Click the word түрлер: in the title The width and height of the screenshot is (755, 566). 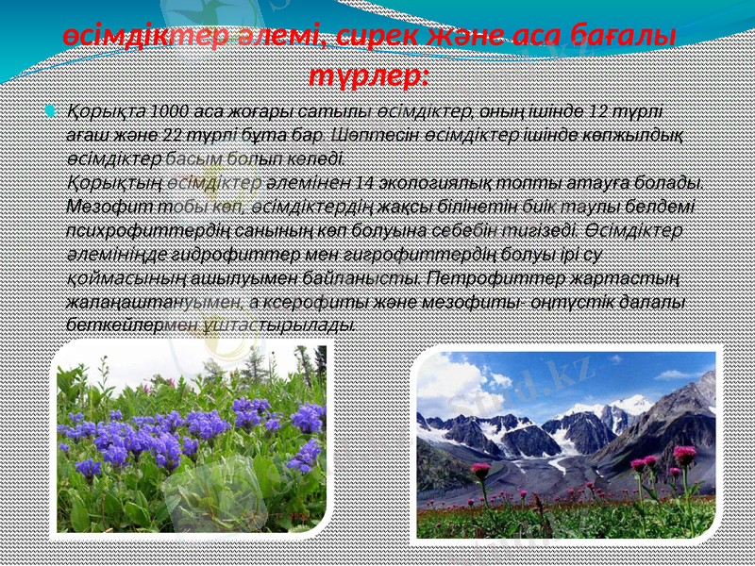point(370,74)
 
